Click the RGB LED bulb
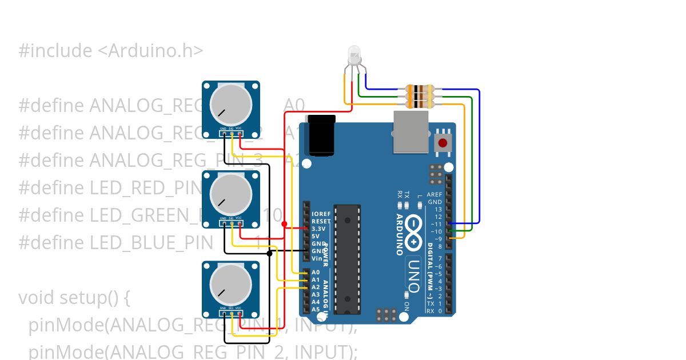click(x=354, y=56)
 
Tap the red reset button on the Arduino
click(x=442, y=143)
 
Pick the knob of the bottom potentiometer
click(x=231, y=284)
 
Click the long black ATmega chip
click(x=348, y=259)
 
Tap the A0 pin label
click(x=316, y=273)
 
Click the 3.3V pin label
click(x=318, y=229)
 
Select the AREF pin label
click(x=434, y=195)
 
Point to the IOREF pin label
click(x=321, y=214)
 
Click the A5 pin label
click(x=316, y=309)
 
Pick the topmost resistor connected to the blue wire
click(x=420, y=90)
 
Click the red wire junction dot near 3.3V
click(x=285, y=223)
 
